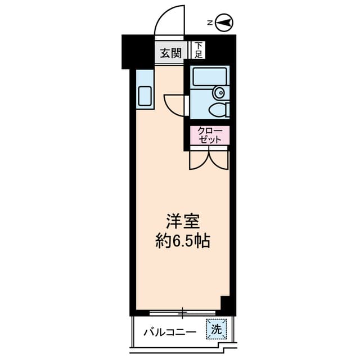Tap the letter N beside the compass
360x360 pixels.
click(209, 23)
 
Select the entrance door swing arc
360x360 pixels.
click(171, 20)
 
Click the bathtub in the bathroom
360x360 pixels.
click(209, 77)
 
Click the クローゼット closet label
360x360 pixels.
click(210, 136)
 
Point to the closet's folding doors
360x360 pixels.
click(209, 159)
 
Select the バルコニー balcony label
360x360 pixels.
click(169, 331)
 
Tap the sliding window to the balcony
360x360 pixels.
click(183, 311)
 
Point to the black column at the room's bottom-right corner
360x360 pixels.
click(227, 304)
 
